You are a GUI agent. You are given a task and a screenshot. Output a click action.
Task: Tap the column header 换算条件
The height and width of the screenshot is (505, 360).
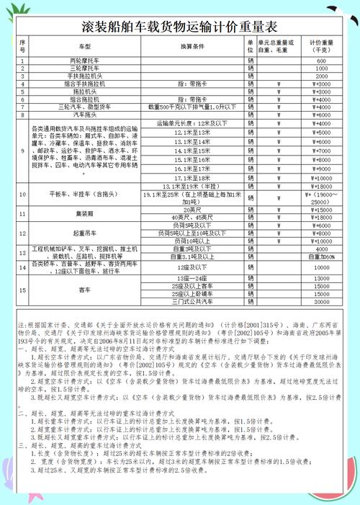192,45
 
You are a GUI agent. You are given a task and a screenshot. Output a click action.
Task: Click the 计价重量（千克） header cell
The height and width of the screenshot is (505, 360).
321,45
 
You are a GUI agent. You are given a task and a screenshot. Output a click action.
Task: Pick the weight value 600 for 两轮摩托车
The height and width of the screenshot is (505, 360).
321,61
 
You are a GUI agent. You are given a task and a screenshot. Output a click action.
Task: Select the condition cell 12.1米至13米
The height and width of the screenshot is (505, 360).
192,133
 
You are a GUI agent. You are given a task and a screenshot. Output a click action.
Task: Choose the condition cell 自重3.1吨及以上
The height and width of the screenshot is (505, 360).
192,256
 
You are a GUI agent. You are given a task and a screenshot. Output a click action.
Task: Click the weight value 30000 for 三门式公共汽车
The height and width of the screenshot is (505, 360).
321,302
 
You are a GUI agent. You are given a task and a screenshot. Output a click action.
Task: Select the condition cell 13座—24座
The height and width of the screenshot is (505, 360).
192,278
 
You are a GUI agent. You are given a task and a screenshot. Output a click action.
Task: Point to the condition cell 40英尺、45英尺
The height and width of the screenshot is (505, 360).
192,217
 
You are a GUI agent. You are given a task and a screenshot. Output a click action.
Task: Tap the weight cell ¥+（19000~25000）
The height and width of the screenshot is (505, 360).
321,198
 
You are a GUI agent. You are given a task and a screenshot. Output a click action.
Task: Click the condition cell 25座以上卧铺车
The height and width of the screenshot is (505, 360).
192,294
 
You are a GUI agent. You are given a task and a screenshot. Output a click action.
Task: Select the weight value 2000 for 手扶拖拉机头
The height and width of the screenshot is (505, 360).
321,76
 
